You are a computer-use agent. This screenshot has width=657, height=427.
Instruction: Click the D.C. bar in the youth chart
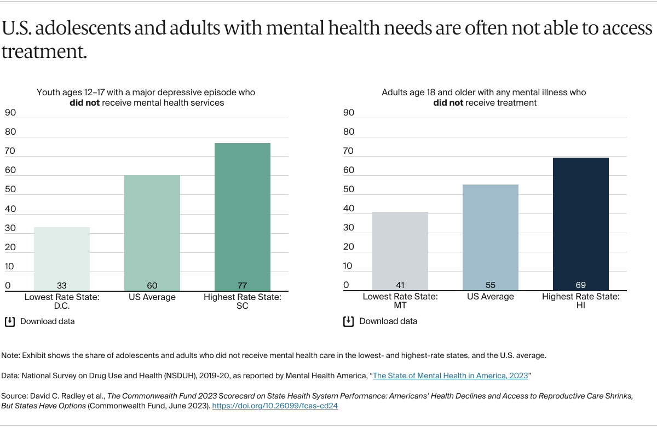pos(62,258)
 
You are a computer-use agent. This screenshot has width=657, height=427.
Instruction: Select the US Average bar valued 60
pos(152,233)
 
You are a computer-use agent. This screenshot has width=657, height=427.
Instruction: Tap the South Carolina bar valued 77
pos(243,216)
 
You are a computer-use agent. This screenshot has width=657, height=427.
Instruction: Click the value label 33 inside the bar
pos(62,286)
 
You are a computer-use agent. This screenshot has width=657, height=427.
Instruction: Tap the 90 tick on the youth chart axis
pos(10,113)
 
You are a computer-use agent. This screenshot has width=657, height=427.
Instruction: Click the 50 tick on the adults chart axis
pos(349,189)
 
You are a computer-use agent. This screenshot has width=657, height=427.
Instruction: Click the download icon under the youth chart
pos(10,321)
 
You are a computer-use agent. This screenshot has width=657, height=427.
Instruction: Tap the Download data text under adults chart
pos(388,321)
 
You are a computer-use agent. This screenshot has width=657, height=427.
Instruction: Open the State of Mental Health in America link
pos(450,376)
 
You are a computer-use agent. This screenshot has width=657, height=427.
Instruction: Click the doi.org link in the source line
pos(275,407)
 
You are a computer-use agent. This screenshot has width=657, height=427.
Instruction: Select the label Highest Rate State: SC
pos(243,301)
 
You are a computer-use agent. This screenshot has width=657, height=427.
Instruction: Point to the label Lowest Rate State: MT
pos(400,301)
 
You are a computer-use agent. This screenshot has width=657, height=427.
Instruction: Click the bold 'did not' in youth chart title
pos(84,102)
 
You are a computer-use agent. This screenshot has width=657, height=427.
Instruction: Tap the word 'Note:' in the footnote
pos(10,355)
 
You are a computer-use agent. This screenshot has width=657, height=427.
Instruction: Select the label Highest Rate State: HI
pos(581,301)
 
